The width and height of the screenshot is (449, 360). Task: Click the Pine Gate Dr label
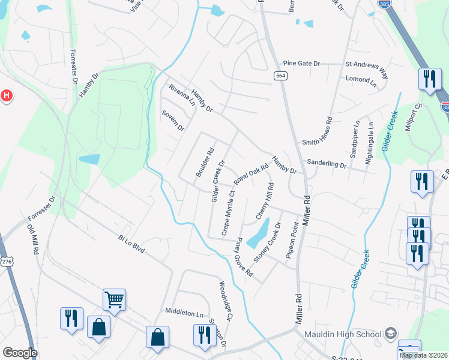[x=303, y=63]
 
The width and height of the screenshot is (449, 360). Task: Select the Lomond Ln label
[x=361, y=79]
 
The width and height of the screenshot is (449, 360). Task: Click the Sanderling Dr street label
[x=327, y=163]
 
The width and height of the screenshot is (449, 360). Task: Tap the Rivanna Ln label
[x=182, y=95]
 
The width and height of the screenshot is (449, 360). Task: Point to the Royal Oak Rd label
[x=250, y=174]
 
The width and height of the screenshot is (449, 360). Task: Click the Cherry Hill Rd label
[x=265, y=200]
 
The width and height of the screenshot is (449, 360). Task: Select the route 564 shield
[x=280, y=76]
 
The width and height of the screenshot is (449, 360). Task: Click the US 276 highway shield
[x=7, y=262]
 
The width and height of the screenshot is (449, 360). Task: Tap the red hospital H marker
[x=6, y=95]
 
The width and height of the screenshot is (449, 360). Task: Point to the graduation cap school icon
[x=391, y=334]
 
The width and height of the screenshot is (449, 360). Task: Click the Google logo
[x=20, y=353]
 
